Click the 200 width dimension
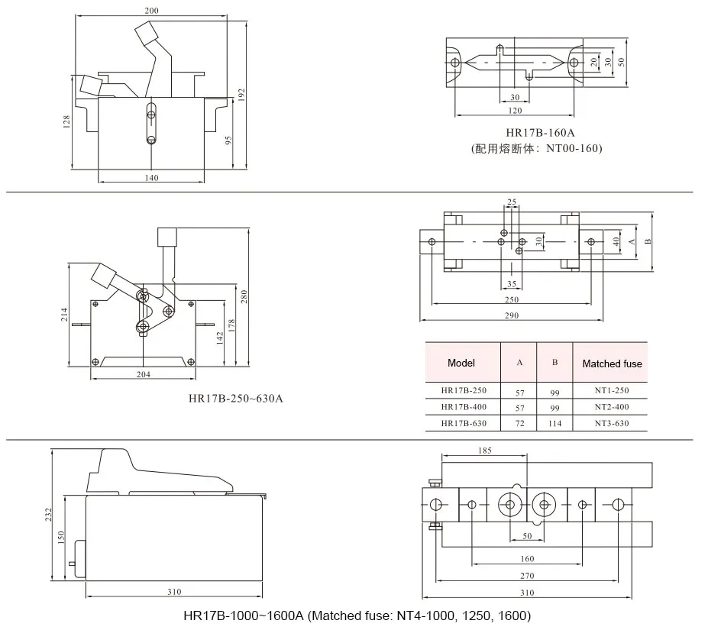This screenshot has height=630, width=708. pos(151,11)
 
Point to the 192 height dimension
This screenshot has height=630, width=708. pos(241,94)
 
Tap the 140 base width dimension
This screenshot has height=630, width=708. pos(151,177)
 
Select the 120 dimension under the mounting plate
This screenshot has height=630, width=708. pos(515,111)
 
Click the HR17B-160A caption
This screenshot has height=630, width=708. pos(535,132)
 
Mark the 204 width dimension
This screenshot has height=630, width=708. pos(143,374)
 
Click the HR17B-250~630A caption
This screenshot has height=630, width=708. pos(236,398)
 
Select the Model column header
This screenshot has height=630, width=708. pos(461,363)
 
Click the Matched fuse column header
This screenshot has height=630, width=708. pos(612,363)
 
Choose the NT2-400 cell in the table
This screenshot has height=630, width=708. pos(611,407)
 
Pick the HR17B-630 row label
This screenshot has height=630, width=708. pos(463,423)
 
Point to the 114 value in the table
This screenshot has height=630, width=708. pos(554,423)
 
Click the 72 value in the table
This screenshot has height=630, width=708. pos(519,423)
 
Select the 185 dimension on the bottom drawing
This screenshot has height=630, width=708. pos(484,451)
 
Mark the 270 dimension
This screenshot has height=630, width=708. pos(527,577)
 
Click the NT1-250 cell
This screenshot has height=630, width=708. pos(611,390)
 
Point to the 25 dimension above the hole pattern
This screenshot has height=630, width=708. pos(512,202)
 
